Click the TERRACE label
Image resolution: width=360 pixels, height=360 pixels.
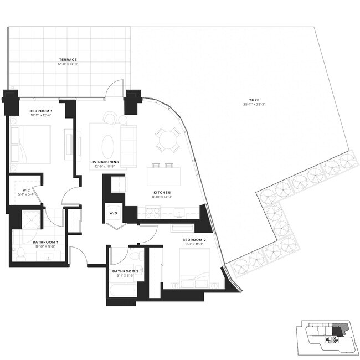69,59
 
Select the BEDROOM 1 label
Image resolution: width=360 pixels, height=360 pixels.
40,111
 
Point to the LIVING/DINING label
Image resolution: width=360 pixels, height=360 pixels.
105,162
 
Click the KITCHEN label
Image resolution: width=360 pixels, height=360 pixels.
163,193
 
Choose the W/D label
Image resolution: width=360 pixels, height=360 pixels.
113,213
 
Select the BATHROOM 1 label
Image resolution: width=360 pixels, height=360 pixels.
34,243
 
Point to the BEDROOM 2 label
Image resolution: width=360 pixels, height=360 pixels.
194,239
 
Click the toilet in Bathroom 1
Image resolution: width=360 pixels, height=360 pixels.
20,253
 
